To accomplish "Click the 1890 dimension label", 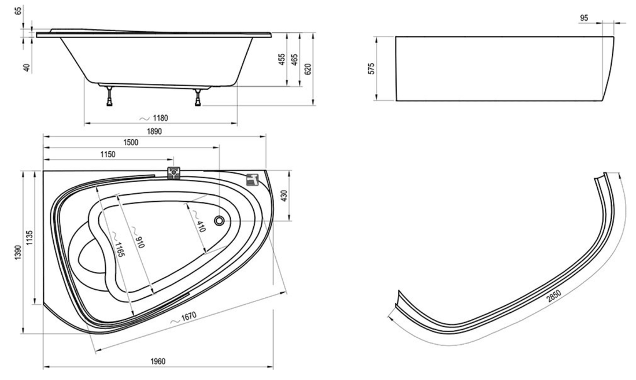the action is point(154,131).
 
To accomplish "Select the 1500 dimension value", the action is point(131,142).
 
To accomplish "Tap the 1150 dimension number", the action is point(108,154).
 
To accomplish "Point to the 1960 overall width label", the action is point(158,361).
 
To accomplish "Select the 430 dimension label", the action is point(284,196).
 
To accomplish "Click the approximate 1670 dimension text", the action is point(184,318).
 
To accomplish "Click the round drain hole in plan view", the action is point(220,220).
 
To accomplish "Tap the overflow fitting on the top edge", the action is point(175,173).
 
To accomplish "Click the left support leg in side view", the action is point(109,95).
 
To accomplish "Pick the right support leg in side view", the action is point(198,97).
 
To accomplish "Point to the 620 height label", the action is point(308,70).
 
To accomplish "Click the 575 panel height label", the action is point(371,68).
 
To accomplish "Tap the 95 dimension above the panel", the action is point(585,19).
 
